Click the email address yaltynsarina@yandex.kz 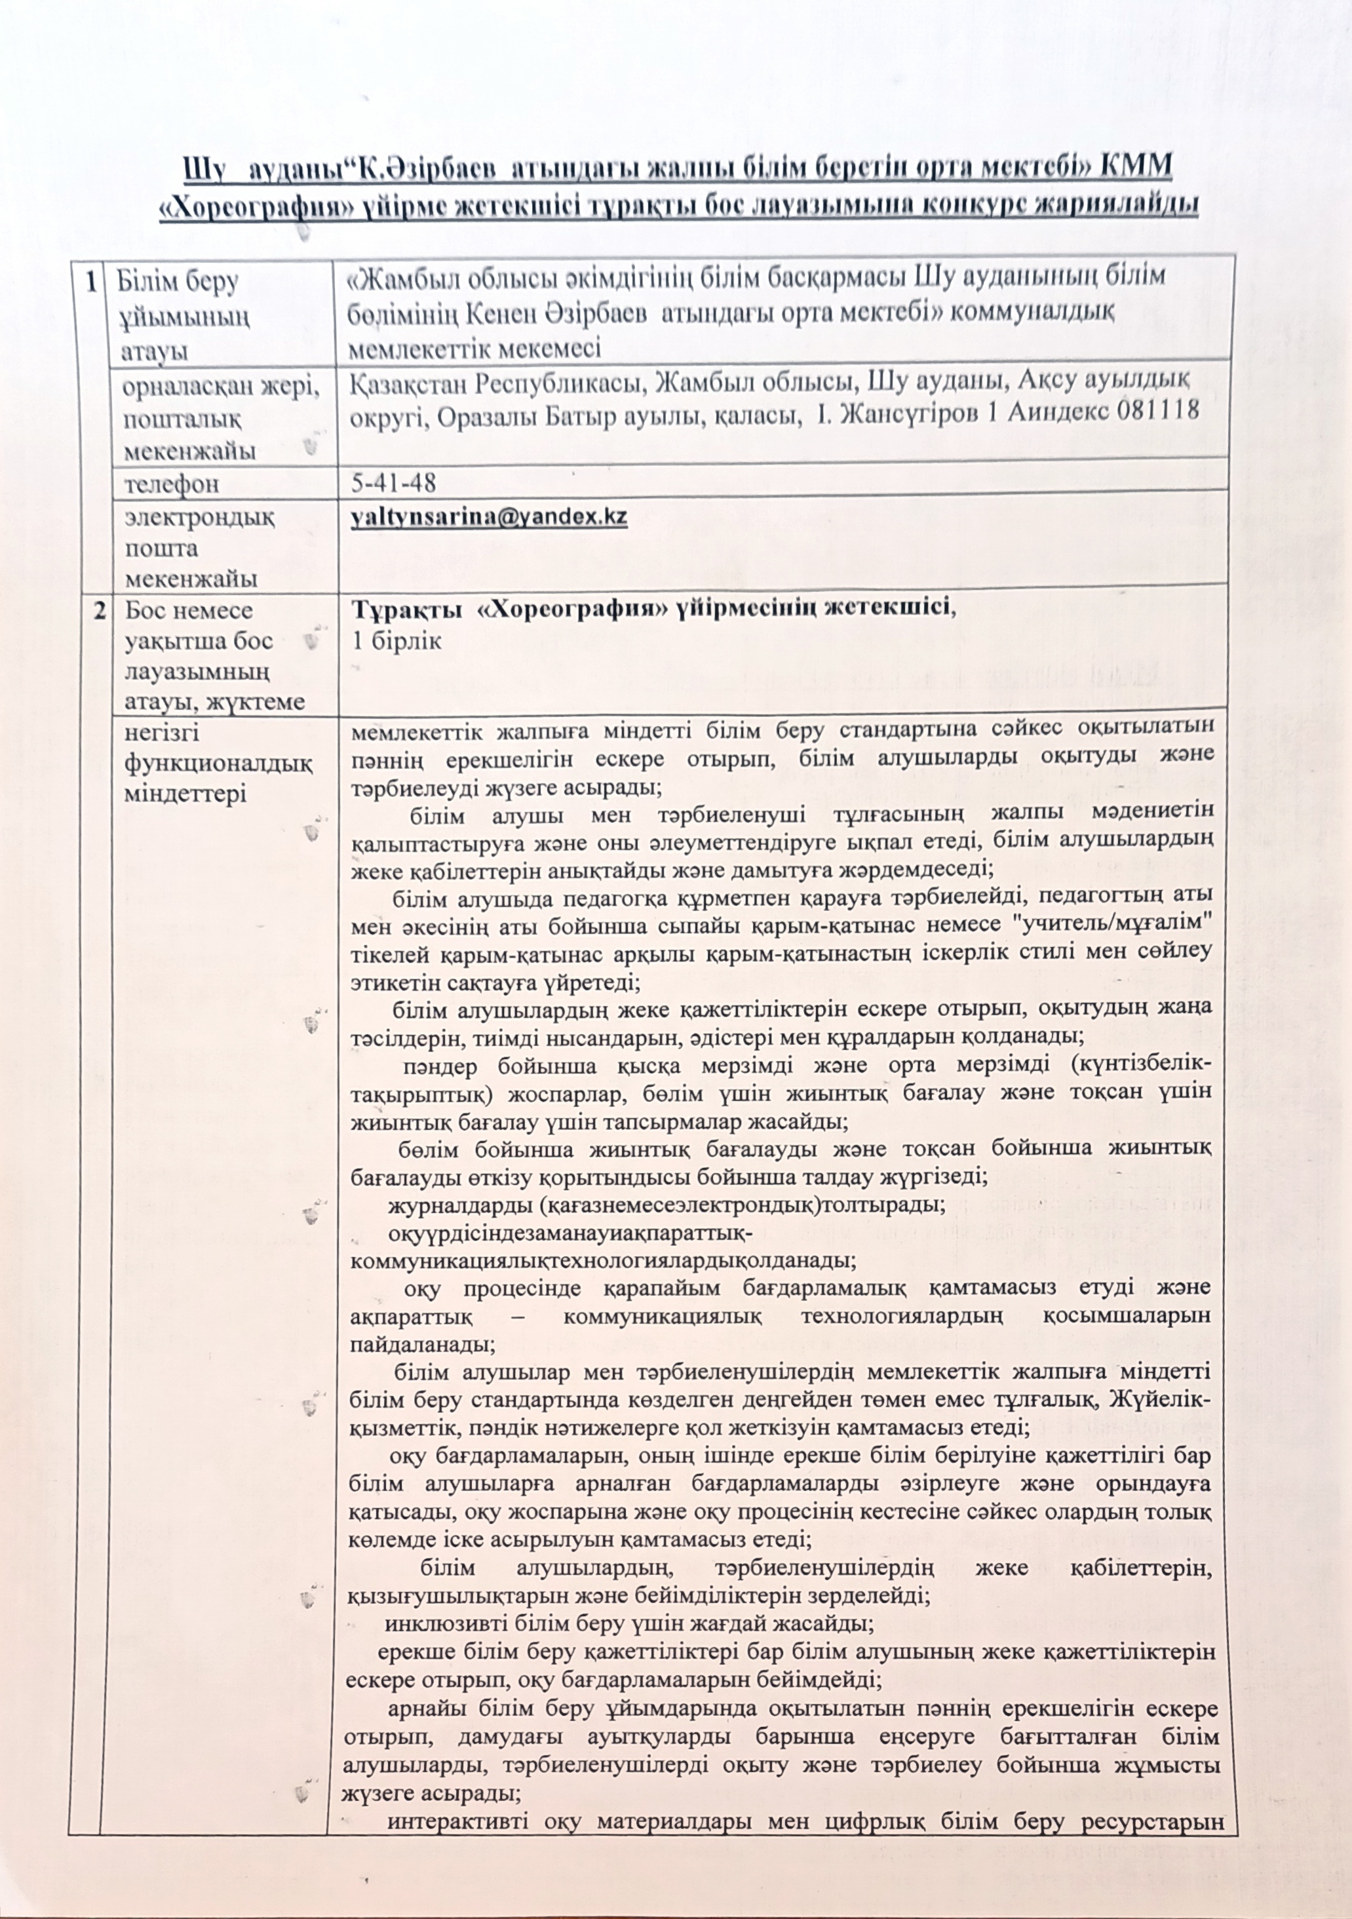(x=489, y=516)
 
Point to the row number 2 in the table (x=98, y=610)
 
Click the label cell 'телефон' (x=171, y=484)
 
